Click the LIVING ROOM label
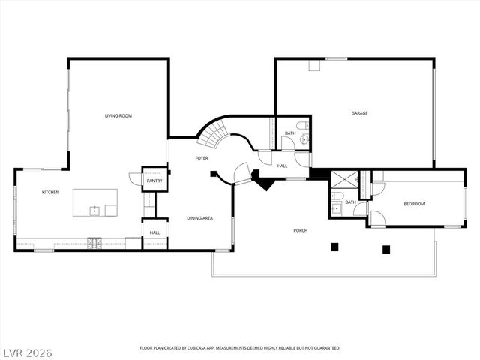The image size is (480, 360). (x=118, y=115)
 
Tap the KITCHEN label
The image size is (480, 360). (x=50, y=193)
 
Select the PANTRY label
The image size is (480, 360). (x=154, y=181)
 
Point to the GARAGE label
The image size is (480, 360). (x=359, y=113)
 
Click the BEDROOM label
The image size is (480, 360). (x=414, y=204)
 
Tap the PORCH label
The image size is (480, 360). (x=300, y=230)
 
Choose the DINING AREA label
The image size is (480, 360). (x=200, y=218)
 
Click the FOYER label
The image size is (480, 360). (x=202, y=158)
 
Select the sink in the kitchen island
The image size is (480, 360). (x=95, y=210)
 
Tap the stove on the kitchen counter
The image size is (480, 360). (x=95, y=243)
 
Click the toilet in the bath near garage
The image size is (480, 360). (x=301, y=125)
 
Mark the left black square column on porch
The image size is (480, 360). (x=334, y=246)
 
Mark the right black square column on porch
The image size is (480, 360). (x=386, y=250)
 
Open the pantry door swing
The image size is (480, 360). (x=136, y=178)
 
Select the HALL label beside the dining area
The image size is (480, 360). (x=154, y=232)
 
